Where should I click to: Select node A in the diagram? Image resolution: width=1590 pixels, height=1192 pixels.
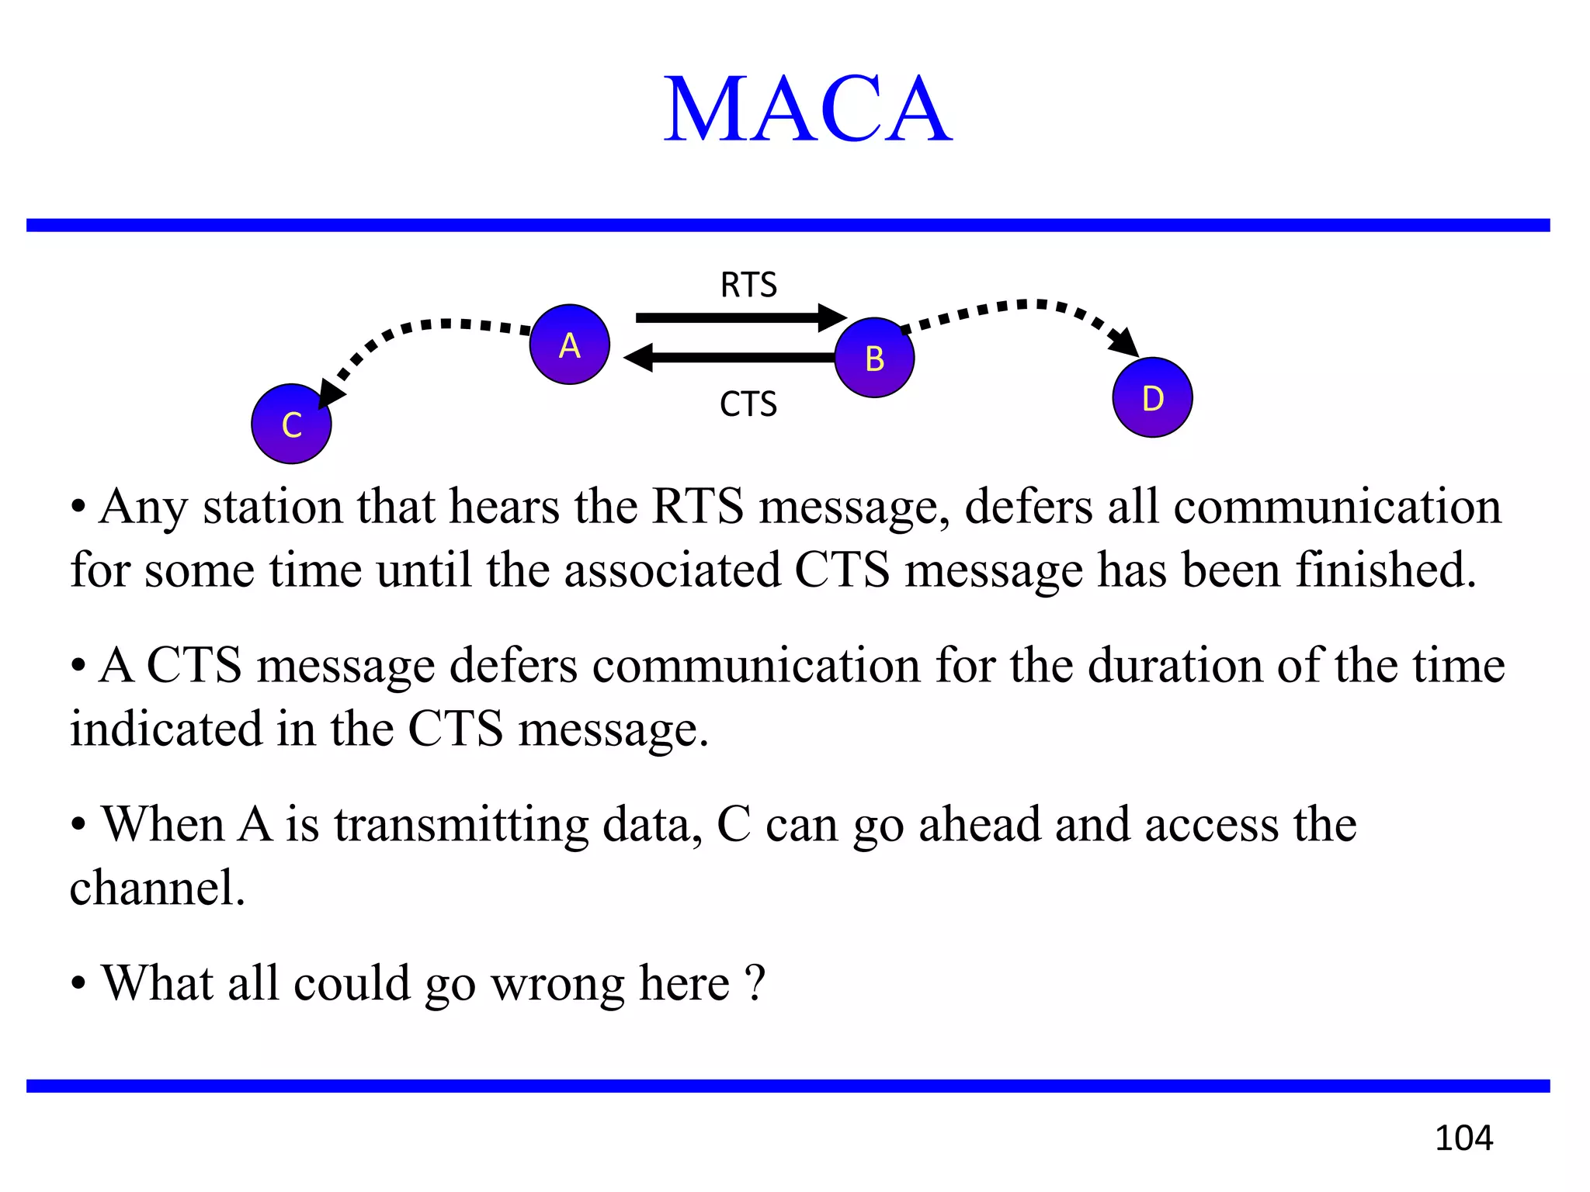pyautogui.click(x=569, y=345)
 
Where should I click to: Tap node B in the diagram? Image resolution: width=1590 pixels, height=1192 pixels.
pyautogui.click(x=874, y=358)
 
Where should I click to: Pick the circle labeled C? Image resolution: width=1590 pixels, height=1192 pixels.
pyautogui.click(x=291, y=424)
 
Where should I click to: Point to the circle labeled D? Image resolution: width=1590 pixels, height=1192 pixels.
pyautogui.click(x=1152, y=397)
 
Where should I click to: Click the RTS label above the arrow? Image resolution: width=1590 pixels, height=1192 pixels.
pyautogui.click(x=748, y=285)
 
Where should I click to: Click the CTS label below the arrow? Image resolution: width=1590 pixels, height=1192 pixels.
pyautogui.click(x=748, y=404)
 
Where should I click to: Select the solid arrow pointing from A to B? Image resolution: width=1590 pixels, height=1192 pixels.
pyautogui.click(x=738, y=317)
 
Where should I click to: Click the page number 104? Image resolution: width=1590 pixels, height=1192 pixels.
pyautogui.click(x=1463, y=1138)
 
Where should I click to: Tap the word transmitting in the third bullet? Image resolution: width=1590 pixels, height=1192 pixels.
pyautogui.click(x=461, y=825)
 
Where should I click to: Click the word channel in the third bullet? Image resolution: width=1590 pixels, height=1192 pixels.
pyautogui.click(x=155, y=888)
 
